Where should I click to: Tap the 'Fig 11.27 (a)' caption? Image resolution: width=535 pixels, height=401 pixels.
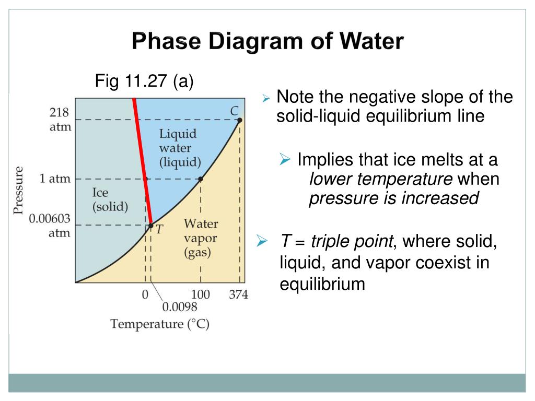(144, 81)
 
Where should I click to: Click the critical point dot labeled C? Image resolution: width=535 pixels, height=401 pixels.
(239, 120)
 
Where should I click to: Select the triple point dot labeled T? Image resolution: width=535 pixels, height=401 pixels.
(150, 226)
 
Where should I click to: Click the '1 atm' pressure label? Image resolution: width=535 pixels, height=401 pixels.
(55, 179)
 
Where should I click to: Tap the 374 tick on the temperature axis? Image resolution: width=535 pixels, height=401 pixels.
(239, 294)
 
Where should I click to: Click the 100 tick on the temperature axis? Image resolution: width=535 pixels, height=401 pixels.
(201, 294)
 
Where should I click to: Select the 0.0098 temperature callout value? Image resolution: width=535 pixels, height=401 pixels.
(179, 306)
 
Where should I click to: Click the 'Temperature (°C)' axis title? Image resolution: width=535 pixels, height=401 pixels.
(160, 324)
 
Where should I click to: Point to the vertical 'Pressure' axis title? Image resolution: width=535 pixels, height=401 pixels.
(19, 190)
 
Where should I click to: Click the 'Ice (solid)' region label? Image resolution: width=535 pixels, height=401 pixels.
(110, 199)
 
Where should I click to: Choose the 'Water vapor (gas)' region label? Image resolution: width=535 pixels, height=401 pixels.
(201, 239)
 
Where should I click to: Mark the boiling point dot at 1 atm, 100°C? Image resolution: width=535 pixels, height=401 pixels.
(201, 179)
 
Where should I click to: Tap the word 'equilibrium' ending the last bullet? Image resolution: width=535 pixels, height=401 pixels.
(322, 284)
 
